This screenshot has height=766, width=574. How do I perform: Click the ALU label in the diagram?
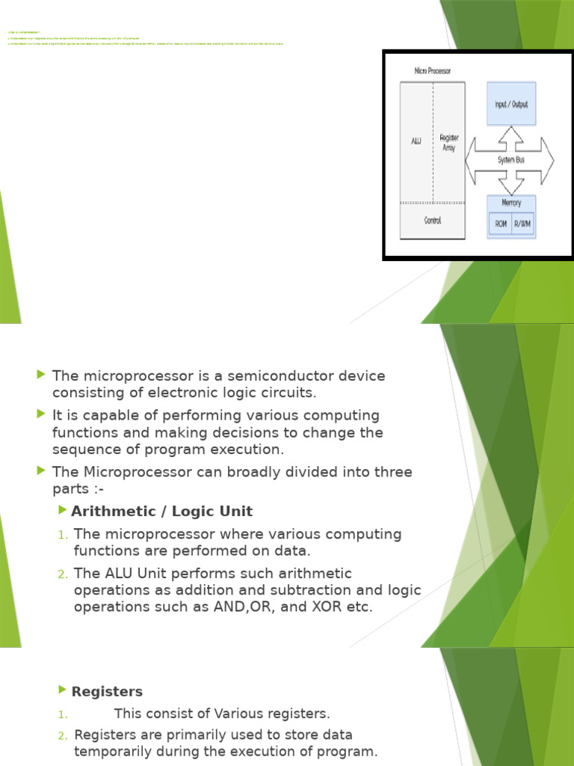416,141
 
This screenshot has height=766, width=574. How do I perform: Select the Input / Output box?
511,104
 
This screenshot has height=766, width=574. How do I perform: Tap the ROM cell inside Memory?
500,224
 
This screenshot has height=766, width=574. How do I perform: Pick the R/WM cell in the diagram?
522,224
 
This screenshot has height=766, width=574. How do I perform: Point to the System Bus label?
510,160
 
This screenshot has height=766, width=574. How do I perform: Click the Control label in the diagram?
432,221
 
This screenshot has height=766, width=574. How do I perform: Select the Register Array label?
449,143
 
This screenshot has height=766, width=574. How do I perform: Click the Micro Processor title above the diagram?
433,70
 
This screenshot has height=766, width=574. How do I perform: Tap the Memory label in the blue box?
511,203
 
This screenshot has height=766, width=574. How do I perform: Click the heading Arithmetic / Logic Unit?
161,512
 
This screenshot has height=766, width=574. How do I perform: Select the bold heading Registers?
107,692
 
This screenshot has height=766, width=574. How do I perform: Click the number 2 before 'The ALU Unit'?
63,574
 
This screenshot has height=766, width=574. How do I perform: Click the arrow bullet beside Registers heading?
62,690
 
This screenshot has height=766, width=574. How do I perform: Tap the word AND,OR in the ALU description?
238,607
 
